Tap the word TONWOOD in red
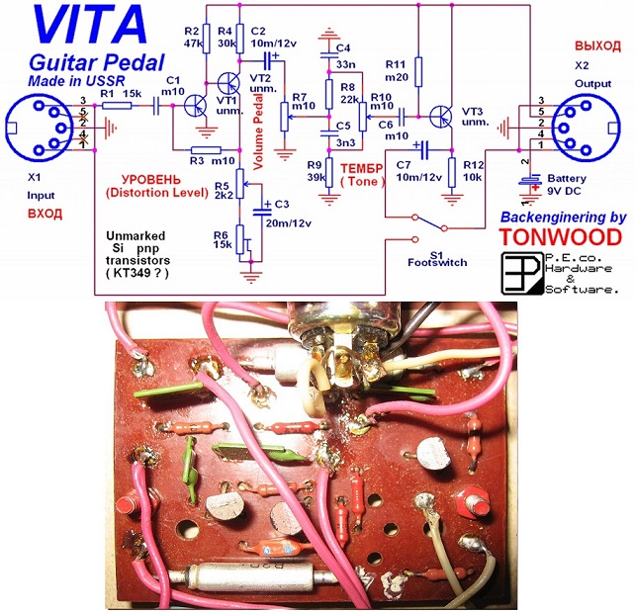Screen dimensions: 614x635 [560, 237]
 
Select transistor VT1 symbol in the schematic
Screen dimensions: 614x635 [196, 103]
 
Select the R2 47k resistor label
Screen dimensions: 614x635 [192, 37]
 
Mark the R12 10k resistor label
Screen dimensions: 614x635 [475, 169]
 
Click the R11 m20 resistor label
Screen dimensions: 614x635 [396, 70]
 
